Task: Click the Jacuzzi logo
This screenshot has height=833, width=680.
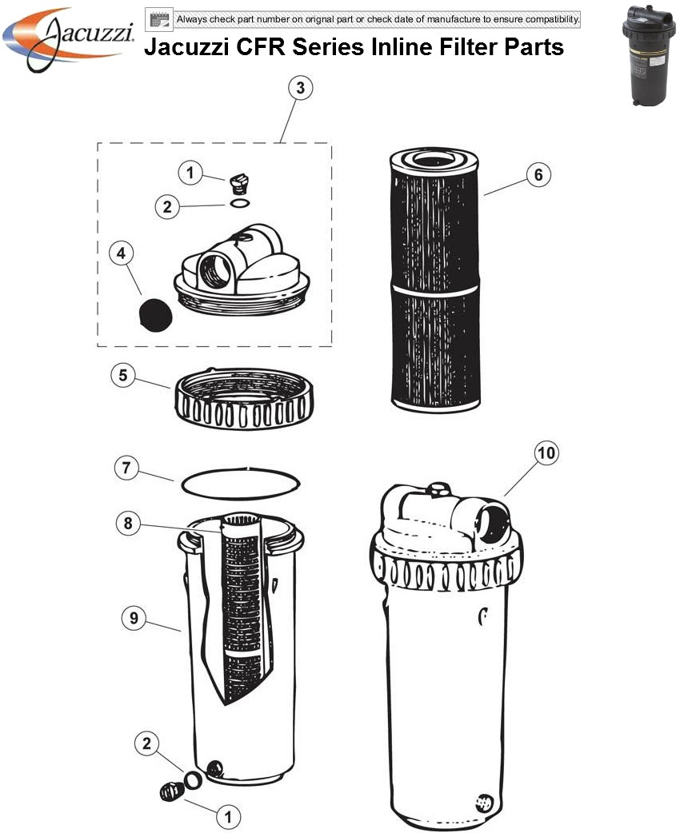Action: coord(69,38)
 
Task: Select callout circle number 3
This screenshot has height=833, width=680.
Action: coord(299,89)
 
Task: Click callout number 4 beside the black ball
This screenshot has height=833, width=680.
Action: coord(121,254)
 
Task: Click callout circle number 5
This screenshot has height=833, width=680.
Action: coord(122,376)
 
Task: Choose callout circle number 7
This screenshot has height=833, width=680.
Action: coord(126,468)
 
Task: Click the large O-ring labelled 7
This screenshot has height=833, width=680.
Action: coord(241,482)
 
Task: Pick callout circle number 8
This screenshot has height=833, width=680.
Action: coord(127,524)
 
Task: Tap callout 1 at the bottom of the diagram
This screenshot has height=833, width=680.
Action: coord(228,816)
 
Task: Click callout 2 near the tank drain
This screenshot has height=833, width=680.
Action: coord(145,743)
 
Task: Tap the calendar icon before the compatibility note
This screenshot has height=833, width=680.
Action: coord(158,18)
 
